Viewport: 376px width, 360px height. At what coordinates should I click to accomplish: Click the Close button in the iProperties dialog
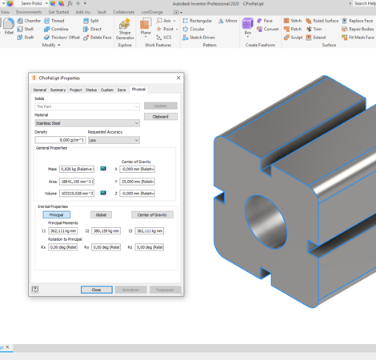point(96,290)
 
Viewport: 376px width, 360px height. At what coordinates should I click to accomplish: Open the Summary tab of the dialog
point(58,90)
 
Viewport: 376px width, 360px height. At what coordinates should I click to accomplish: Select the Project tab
point(75,90)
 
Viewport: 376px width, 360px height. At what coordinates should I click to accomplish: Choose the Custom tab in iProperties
point(106,90)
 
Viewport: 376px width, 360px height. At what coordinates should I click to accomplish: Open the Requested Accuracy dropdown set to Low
point(113,140)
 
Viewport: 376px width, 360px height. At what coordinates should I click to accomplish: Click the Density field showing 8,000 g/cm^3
point(60,140)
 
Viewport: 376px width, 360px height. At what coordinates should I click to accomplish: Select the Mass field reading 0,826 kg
point(76,169)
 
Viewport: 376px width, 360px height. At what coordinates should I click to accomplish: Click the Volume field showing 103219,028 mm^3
point(76,193)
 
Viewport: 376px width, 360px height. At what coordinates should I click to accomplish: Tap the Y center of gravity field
point(137,182)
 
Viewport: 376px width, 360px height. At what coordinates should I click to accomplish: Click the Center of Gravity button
point(151,214)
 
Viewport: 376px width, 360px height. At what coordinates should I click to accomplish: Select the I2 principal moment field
point(106,231)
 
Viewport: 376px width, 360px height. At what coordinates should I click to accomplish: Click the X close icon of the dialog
point(178,78)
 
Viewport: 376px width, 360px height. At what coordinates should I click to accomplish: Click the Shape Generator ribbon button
point(125,30)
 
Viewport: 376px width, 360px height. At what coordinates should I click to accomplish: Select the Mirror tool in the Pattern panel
point(227,21)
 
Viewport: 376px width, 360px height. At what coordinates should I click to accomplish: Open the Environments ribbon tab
point(29,12)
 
